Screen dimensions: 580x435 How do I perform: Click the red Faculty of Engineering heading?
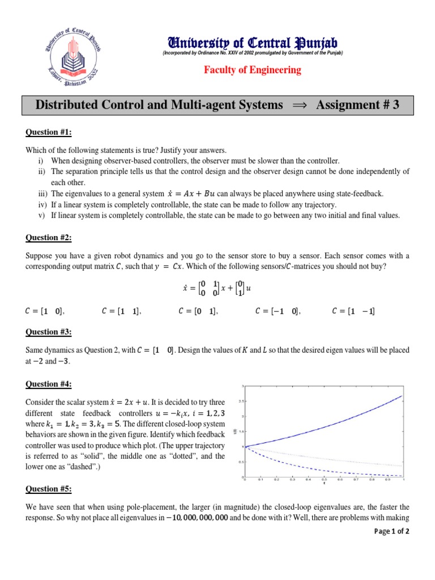click(253, 70)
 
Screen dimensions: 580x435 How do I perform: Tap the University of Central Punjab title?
click(253, 42)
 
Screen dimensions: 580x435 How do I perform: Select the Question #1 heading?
click(49, 133)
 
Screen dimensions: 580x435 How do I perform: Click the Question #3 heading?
click(49, 332)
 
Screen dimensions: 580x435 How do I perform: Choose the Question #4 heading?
click(49, 385)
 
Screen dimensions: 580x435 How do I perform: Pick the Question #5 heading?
click(49, 489)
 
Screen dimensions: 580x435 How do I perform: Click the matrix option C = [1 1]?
click(121, 311)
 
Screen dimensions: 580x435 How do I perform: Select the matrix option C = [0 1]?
click(198, 311)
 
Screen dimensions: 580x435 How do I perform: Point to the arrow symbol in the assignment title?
click(298, 105)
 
